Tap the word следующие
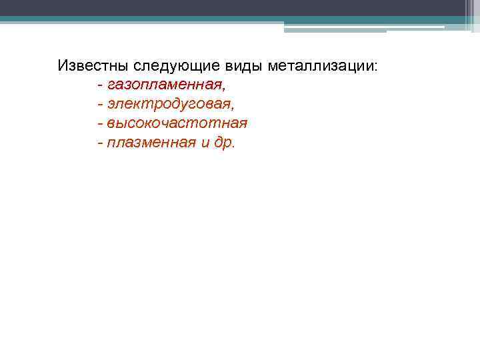pyautogui.click(x=172, y=66)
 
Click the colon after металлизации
pyautogui.click(x=376, y=67)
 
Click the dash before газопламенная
pyautogui.click(x=99, y=86)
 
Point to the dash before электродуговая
pyautogui.click(x=99, y=105)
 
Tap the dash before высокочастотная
pyautogui.click(x=99, y=124)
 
